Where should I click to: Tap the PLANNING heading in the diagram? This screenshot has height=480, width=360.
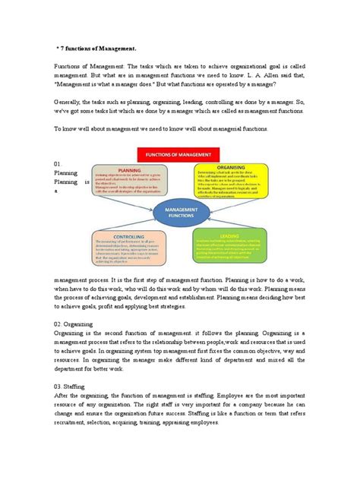coord(131,171)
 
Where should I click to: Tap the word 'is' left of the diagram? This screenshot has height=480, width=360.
coord(87,183)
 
